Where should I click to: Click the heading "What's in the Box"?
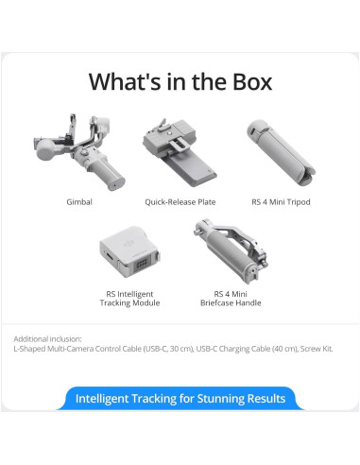coord(180,81)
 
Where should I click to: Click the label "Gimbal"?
coord(79,202)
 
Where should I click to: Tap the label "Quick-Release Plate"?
coord(180,202)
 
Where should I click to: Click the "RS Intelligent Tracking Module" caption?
coord(129,298)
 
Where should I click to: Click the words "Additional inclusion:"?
coord(47,337)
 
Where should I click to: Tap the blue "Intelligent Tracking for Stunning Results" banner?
coord(180,398)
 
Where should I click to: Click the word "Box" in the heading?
coord(248,81)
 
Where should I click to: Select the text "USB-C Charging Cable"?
coord(228,348)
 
